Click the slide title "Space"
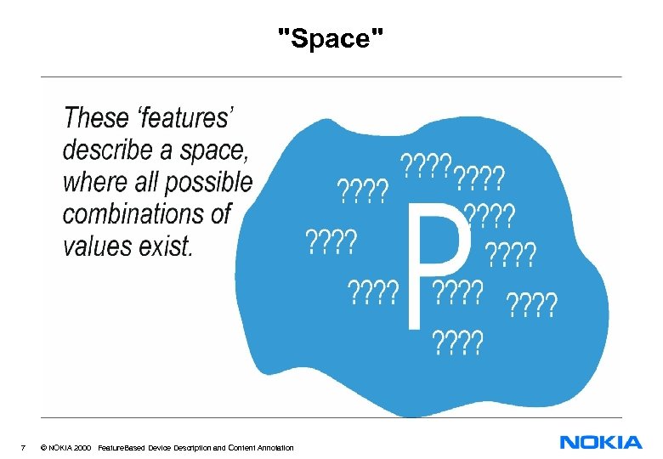coord(331,37)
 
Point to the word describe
coord(112,150)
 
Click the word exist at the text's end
coord(169,246)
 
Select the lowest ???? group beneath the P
coord(458,343)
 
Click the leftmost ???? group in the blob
coord(331,242)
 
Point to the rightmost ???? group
coord(532,303)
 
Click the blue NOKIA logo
coord(601,442)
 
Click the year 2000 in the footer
coord(82,448)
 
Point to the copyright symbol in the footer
coord(42,448)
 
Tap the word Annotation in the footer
coord(272,448)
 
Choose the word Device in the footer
coord(159,448)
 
